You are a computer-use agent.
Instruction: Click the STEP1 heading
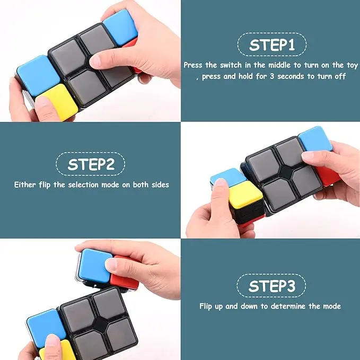[272, 45]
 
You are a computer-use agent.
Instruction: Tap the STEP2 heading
[91, 164]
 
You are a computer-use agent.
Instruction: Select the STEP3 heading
[271, 286]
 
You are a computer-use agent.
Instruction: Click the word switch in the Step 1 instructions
[231, 65]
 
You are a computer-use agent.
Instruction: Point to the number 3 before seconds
[272, 76]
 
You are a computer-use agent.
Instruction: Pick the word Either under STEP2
[25, 185]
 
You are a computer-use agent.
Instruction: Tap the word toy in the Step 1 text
[352, 66]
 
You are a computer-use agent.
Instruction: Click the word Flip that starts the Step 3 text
[206, 306]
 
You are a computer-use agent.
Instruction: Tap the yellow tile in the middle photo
[245, 195]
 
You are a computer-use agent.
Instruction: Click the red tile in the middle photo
[326, 176]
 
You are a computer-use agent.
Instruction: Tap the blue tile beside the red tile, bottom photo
[94, 266]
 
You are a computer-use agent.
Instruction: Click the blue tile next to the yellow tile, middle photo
[228, 177]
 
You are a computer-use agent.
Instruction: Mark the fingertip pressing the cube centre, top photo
[96, 61]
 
